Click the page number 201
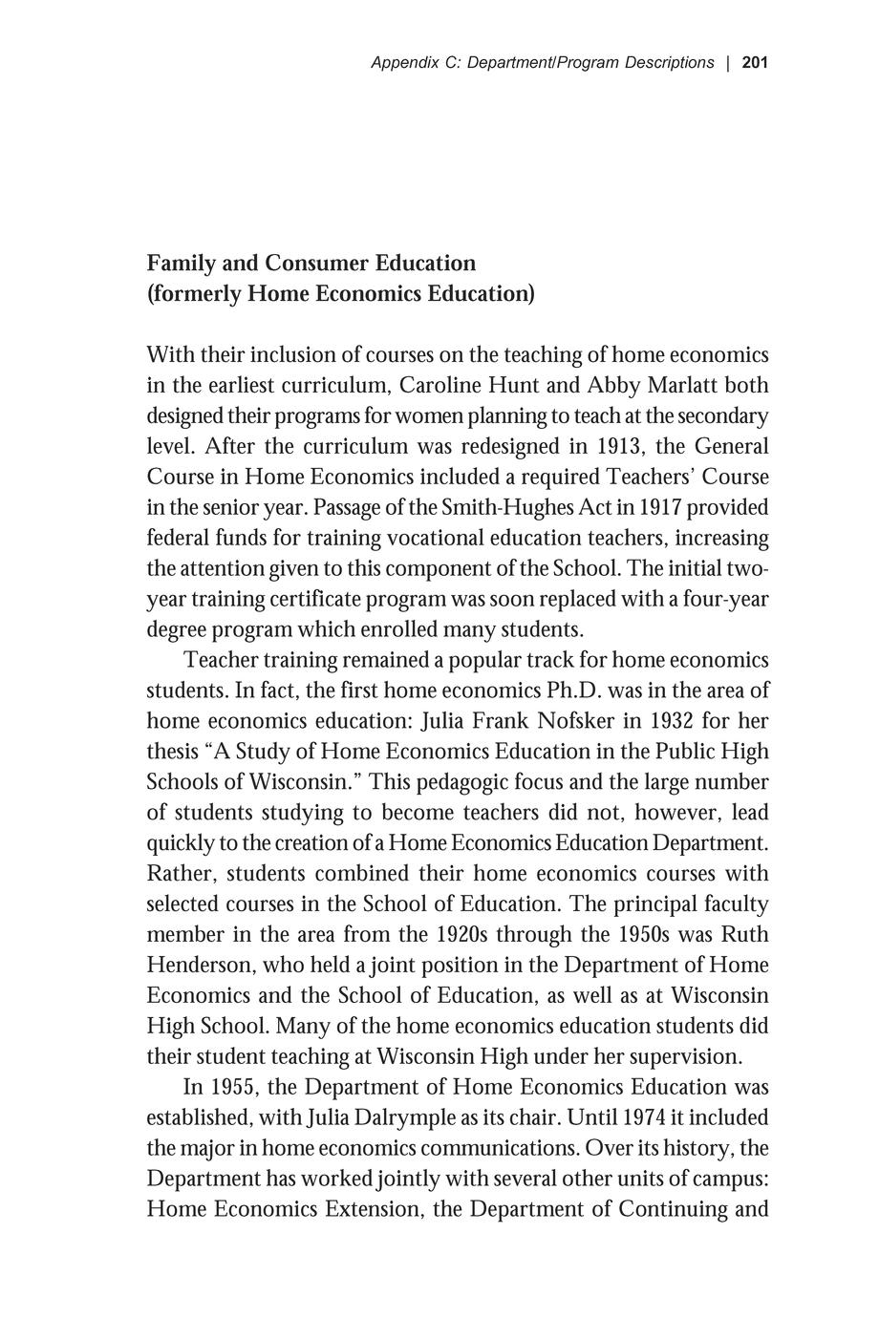tap(754, 63)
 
